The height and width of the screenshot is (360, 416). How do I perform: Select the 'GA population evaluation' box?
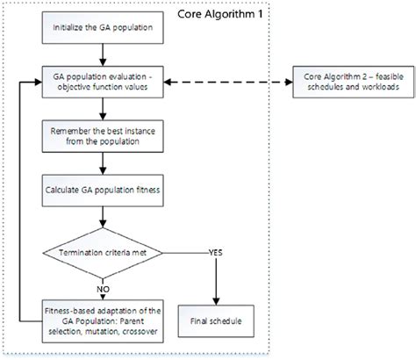click(104, 83)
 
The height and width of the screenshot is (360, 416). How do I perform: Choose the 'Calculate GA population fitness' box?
click(104, 188)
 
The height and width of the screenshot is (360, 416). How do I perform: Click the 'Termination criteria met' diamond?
click(104, 254)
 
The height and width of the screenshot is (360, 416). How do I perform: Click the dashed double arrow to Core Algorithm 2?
click(232, 84)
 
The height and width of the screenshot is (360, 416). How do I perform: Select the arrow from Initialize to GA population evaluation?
click(104, 58)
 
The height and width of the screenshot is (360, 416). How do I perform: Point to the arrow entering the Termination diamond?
click(104, 220)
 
